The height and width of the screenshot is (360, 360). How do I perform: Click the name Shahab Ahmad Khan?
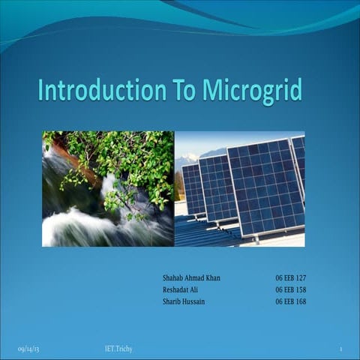[191, 278]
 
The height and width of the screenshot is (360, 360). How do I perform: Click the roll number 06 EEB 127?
[290, 278]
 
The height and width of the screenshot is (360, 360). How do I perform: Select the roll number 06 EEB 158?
[290, 289]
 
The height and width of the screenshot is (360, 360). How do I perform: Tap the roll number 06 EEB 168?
[290, 301]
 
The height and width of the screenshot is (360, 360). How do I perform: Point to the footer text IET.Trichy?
[118, 349]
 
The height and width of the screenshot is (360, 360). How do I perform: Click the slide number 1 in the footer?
[340, 349]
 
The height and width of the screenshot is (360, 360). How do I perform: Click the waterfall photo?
[107, 189]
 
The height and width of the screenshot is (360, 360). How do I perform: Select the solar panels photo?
[239, 189]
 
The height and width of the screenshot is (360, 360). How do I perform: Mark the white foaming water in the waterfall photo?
[75, 225]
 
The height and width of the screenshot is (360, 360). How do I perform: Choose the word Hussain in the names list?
[196, 301]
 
